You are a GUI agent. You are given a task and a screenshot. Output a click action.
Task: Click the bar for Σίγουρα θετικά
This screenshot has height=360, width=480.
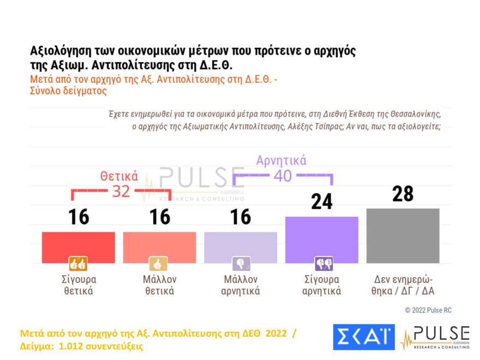(x=78, y=247)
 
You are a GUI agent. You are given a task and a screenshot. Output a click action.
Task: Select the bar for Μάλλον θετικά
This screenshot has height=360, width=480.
(x=159, y=247)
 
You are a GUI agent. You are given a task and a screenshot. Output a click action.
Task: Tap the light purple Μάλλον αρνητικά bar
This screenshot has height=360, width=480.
(x=241, y=247)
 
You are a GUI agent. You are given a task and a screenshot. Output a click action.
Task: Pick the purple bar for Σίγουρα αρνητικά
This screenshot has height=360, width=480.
(x=322, y=239)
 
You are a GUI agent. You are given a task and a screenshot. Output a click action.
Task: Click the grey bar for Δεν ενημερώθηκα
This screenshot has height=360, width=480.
(x=403, y=235)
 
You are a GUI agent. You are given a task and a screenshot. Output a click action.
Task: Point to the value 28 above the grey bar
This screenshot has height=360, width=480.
(x=403, y=194)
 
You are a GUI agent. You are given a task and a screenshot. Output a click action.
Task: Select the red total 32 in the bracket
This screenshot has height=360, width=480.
(x=121, y=191)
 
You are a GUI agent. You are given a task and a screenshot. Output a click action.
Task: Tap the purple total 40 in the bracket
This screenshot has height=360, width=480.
(x=282, y=176)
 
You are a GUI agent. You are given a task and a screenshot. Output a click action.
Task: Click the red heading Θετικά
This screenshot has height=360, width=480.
(x=118, y=176)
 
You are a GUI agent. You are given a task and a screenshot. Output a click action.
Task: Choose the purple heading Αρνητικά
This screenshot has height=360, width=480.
(x=281, y=160)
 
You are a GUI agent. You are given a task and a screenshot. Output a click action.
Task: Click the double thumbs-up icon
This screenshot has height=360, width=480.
(x=77, y=264)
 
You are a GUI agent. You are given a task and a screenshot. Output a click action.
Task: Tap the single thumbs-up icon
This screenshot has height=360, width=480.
(x=159, y=264)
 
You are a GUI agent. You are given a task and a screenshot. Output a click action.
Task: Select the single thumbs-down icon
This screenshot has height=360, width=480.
(x=240, y=264)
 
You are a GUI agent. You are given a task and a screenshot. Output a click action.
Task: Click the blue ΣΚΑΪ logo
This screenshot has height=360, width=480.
(x=363, y=337)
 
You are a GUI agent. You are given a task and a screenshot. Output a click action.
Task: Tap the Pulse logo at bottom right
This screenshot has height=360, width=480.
(x=435, y=337)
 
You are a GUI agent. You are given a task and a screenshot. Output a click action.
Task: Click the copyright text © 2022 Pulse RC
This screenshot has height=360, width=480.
(x=428, y=310)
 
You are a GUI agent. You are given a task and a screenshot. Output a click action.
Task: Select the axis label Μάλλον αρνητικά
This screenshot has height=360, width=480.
(x=241, y=285)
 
